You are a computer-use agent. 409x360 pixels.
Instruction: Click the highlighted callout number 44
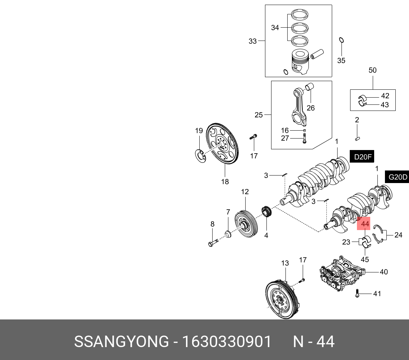tap(365, 224)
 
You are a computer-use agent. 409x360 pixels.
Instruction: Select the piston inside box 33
tap(300, 62)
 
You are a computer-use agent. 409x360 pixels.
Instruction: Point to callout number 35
tap(341, 61)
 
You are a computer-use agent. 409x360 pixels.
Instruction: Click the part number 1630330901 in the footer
tap(227, 341)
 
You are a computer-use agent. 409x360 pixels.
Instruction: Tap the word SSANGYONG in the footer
tap(121, 341)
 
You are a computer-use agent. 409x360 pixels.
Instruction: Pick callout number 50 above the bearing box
tap(372, 70)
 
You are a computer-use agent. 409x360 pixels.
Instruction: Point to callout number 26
tap(311, 108)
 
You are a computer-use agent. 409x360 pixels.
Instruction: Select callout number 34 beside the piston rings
tap(275, 28)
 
